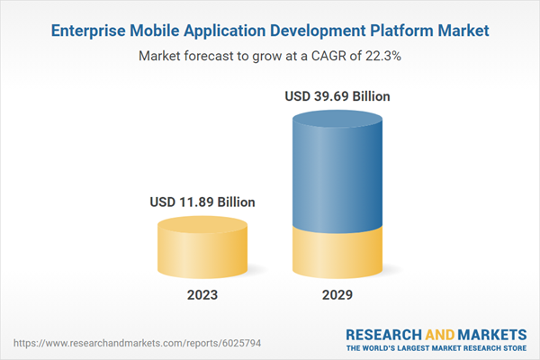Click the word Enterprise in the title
(89, 31)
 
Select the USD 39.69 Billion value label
(338, 95)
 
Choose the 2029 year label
(338, 295)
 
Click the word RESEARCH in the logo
(384, 334)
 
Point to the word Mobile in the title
(159, 31)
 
